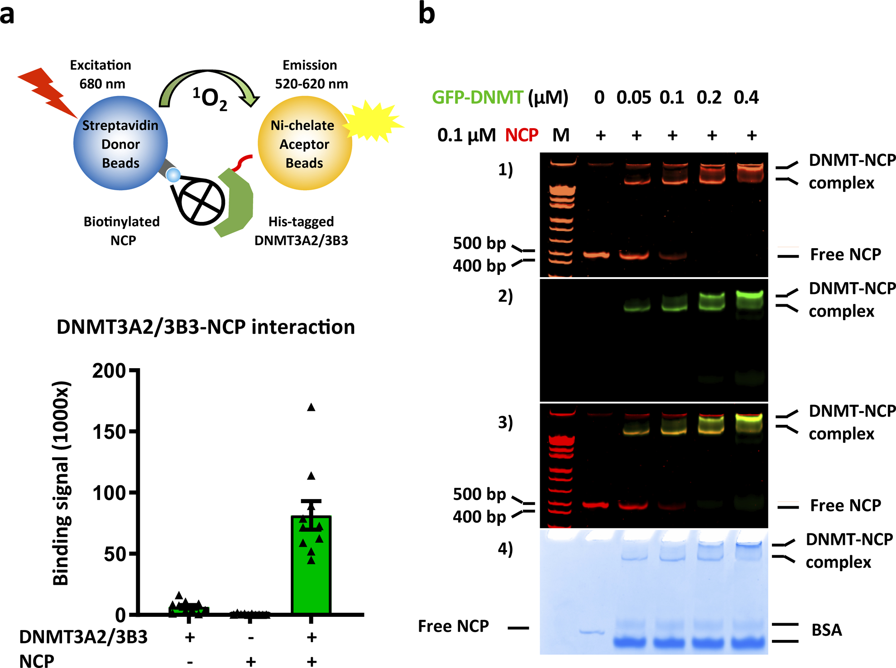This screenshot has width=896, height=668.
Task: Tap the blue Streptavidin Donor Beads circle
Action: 120,144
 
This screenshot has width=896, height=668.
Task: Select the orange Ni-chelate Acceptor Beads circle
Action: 304,144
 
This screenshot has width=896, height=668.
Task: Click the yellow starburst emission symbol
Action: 373,121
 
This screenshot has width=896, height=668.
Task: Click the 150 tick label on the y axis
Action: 109,432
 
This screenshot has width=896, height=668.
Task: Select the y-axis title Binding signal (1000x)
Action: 61,483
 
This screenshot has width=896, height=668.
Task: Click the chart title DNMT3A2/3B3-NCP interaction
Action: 206,327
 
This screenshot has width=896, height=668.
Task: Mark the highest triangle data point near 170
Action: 311,407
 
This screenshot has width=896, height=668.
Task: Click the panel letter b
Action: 426,14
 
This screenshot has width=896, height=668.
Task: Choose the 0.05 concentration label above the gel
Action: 633,97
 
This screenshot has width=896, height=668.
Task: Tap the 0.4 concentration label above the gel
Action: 746,97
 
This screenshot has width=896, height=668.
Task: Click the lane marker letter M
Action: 561,135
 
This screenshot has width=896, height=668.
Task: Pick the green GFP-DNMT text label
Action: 477,97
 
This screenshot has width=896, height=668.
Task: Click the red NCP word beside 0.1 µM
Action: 522,135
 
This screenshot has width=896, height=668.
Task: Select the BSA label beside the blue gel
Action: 827,630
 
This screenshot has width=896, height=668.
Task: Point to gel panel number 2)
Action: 505,297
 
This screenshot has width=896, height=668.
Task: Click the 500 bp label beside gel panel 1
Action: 479,243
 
